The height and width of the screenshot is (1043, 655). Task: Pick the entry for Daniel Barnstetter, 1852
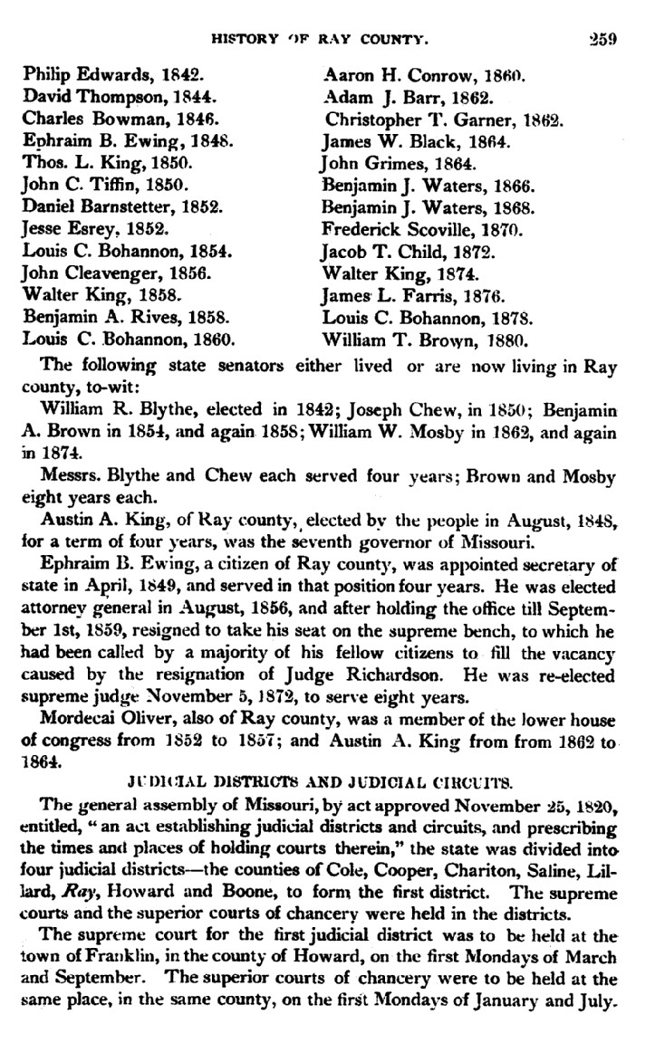pyautogui.click(x=121, y=206)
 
